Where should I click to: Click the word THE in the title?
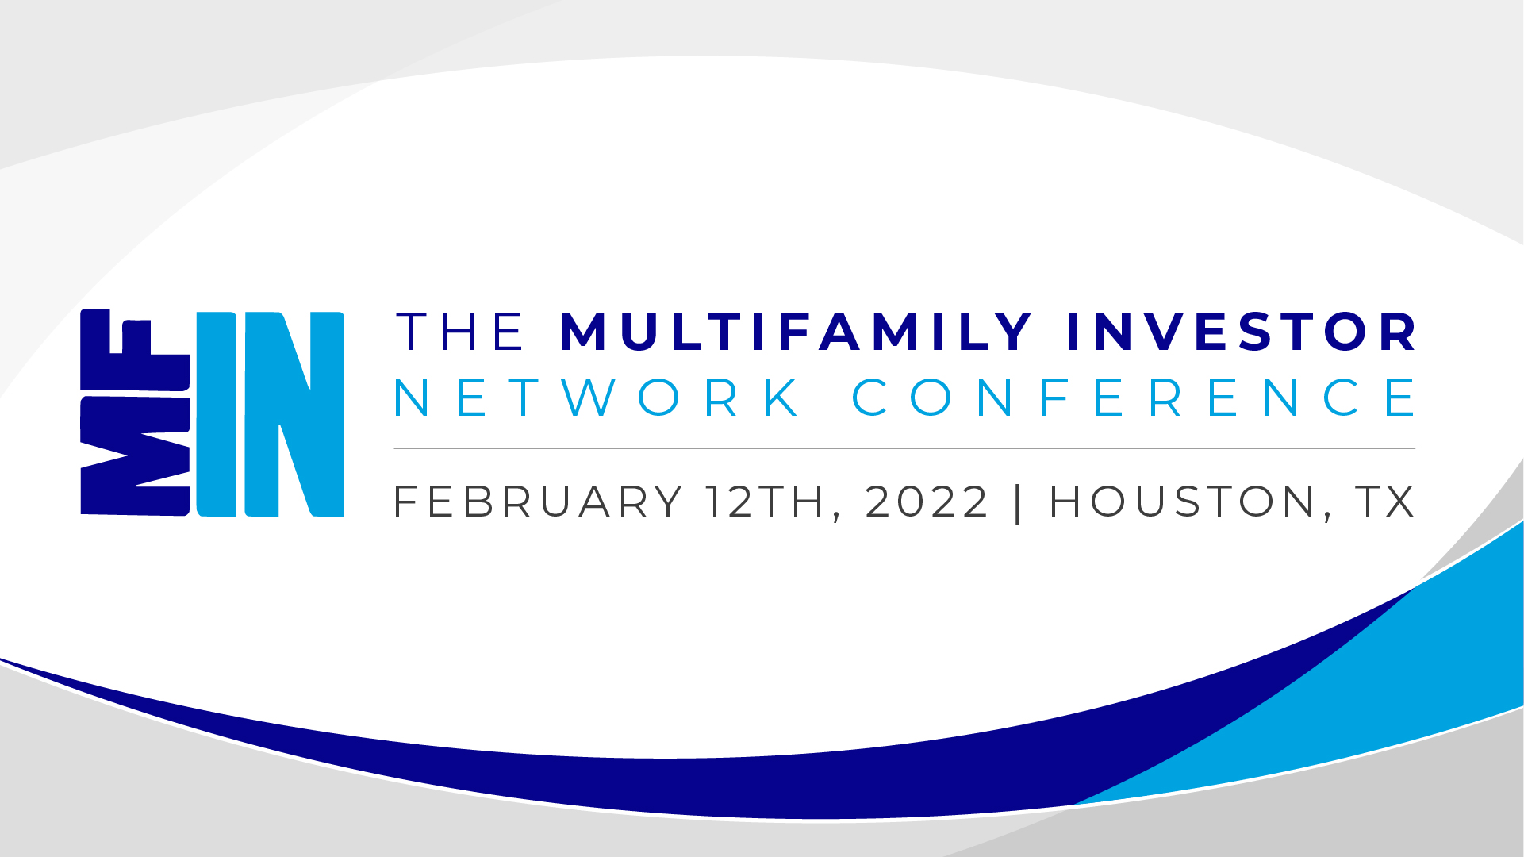click(x=460, y=332)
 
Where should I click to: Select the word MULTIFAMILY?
click(x=797, y=332)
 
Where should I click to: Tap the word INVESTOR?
click(x=1242, y=332)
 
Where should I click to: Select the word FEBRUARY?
click(x=538, y=502)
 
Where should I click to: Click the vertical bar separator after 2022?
click(x=1019, y=503)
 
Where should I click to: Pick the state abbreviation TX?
click(x=1385, y=502)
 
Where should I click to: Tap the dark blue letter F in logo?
click(x=135, y=349)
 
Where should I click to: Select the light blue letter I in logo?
click(x=217, y=414)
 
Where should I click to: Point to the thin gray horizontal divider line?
click(x=904, y=448)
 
